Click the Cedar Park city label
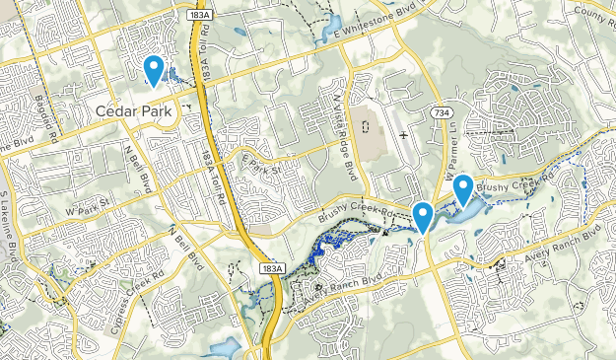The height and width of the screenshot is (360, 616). (x=136, y=111)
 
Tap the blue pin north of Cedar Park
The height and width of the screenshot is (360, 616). (x=154, y=70)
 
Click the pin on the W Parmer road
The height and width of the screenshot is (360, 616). (x=423, y=216)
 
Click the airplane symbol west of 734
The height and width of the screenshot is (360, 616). (x=403, y=133)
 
